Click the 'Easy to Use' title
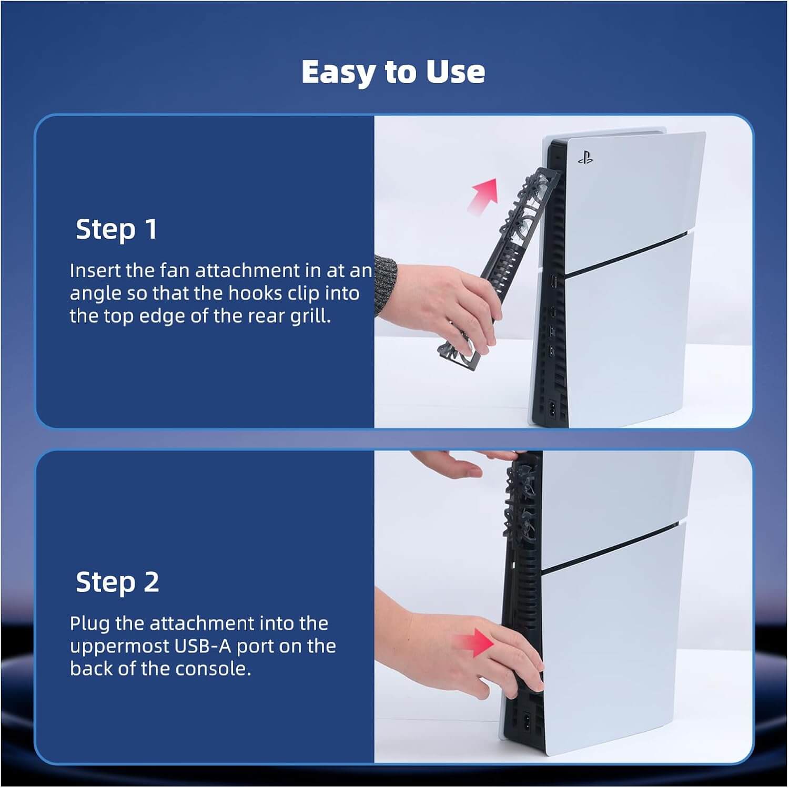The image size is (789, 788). [x=393, y=72]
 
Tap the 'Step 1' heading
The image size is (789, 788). [x=117, y=230]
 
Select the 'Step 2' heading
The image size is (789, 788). [x=117, y=582]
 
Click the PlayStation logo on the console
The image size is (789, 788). [x=585, y=157]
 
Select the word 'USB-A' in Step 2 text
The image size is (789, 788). [x=203, y=646]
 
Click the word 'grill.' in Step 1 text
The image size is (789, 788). [x=310, y=316]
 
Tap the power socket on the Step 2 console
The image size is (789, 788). [x=528, y=719]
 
